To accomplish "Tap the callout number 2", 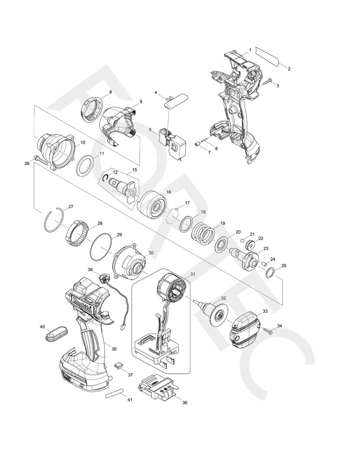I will [289, 69].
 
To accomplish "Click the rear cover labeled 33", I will [245, 330].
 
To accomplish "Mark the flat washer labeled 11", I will [85, 165].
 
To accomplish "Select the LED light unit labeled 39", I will [105, 278].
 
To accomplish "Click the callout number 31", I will [193, 274].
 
